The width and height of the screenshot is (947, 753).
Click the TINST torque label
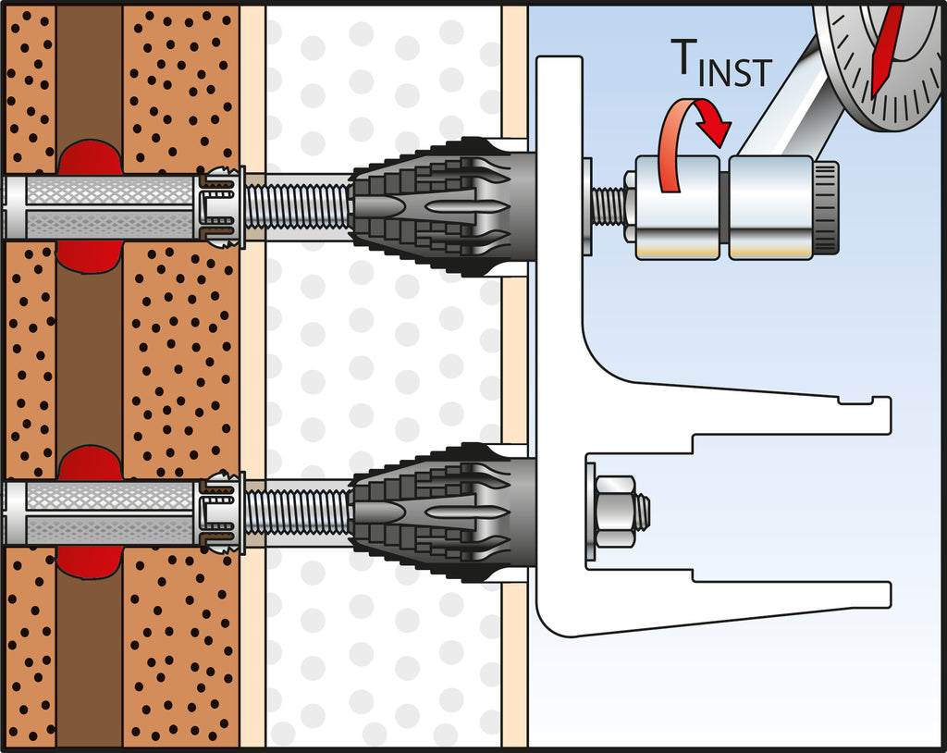point(719,63)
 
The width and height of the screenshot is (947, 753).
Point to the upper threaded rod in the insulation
point(296,206)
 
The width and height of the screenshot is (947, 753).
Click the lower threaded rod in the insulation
point(296,512)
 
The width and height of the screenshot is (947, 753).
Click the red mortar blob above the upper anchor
point(90,156)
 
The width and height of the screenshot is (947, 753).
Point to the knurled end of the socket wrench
point(826,207)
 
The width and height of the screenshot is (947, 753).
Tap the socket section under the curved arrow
point(677,207)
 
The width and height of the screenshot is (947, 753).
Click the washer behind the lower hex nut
point(590,512)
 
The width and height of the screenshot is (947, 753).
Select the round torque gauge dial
point(879,60)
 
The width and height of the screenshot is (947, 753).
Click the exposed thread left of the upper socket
point(608,206)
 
